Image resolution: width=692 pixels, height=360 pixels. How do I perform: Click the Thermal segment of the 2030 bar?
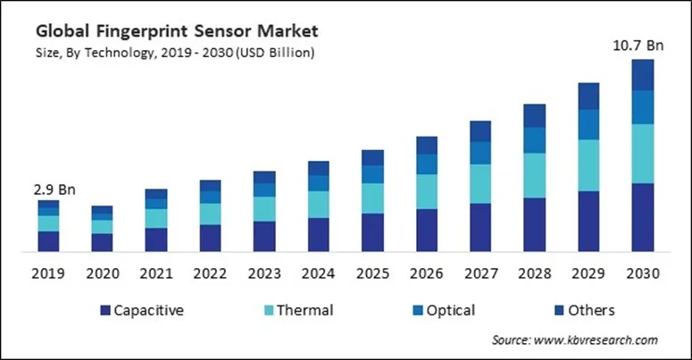643,154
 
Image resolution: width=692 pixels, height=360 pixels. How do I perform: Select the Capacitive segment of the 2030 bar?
643,217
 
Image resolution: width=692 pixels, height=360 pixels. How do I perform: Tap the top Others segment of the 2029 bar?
588,96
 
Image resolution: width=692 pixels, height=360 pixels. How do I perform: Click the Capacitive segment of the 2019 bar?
48,240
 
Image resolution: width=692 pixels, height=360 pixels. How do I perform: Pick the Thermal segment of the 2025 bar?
372,198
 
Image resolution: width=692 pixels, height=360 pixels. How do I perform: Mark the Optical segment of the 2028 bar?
534,140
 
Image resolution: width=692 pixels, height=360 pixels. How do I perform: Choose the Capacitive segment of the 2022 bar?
210,238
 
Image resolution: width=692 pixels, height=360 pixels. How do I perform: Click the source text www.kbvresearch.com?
575,340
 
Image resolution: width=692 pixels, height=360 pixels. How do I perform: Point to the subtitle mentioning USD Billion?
175,53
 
